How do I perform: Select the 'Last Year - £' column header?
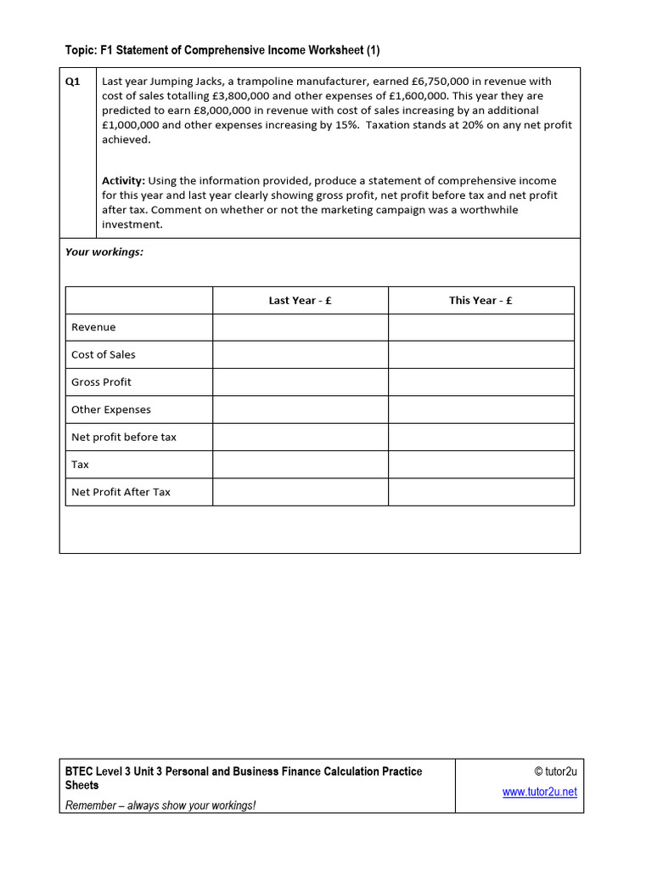300,301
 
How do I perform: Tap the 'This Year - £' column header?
481,301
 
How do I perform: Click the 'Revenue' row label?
93,327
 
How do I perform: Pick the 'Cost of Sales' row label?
103,355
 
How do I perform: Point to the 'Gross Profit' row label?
101,382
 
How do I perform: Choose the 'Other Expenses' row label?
110,410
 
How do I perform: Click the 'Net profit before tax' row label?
124,437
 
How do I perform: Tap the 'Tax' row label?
80,465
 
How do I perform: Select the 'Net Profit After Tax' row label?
121,492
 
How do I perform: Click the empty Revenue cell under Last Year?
300,327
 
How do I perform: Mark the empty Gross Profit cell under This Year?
481,382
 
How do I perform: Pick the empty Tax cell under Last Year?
300,465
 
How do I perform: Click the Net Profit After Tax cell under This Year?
481,492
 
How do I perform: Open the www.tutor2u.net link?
539,792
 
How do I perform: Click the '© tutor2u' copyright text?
555,771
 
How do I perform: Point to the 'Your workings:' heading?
104,252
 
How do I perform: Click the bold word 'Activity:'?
124,181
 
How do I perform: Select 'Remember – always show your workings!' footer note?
160,805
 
